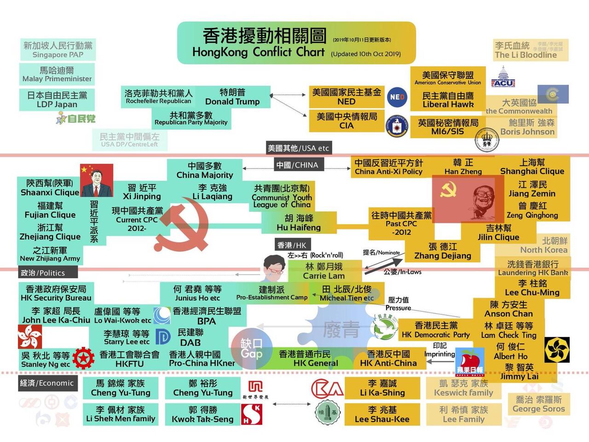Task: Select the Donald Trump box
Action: pos(232,97)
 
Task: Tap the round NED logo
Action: pos(397,97)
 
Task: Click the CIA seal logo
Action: pos(397,126)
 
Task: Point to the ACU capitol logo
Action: pos(502,77)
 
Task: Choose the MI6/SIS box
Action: pos(448,127)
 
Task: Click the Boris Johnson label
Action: pos(527,128)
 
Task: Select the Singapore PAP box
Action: pos(58,50)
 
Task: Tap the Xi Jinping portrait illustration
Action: pos(96,180)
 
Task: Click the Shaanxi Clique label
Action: pos(50,188)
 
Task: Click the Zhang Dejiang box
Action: pos(443,251)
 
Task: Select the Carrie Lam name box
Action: pos(323,271)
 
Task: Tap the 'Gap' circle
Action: pos(251,349)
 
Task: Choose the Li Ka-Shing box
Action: pos(382,388)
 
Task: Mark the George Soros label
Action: pos(538,404)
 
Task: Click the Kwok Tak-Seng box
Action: pos(202,414)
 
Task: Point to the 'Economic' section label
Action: pos(47,383)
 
